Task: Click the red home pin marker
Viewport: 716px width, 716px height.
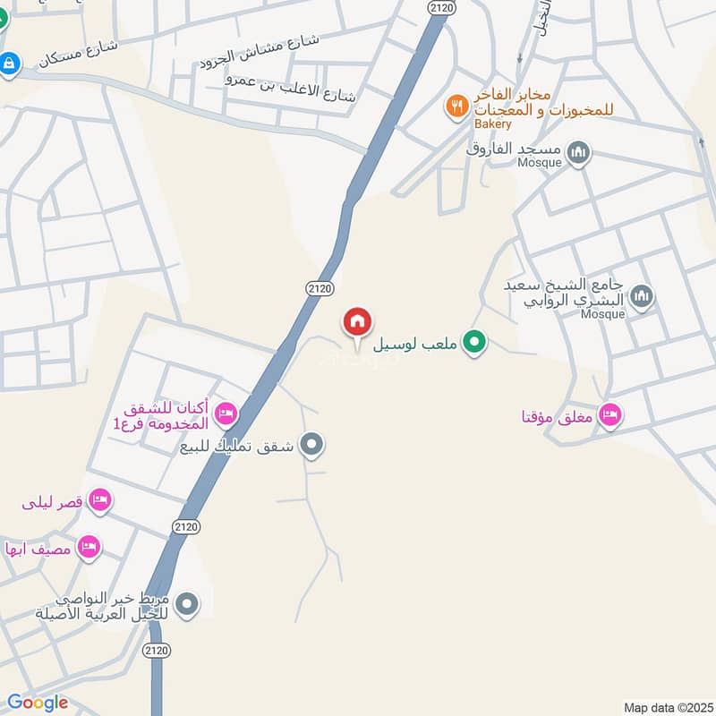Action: point(358,321)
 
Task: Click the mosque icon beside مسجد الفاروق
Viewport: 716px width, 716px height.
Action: point(579,152)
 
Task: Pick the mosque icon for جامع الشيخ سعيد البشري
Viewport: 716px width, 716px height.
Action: point(641,295)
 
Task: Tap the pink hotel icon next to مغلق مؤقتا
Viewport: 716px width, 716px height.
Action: point(610,414)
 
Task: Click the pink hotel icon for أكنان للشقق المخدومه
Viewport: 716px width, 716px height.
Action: point(226,413)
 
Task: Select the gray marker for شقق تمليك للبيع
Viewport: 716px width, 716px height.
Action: point(311,444)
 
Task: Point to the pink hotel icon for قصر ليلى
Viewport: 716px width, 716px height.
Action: point(100,500)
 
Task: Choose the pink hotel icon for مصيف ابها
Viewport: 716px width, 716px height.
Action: point(88,546)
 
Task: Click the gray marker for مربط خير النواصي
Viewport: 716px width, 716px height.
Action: point(187,605)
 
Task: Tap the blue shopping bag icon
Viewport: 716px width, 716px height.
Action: point(9,64)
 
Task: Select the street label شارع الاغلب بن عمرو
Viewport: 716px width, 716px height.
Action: point(293,88)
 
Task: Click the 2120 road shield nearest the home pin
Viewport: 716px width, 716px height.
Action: point(319,288)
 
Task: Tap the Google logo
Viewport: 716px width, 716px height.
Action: point(38,703)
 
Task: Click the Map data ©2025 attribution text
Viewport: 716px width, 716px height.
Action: point(667,707)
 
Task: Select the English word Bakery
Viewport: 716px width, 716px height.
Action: point(492,124)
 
